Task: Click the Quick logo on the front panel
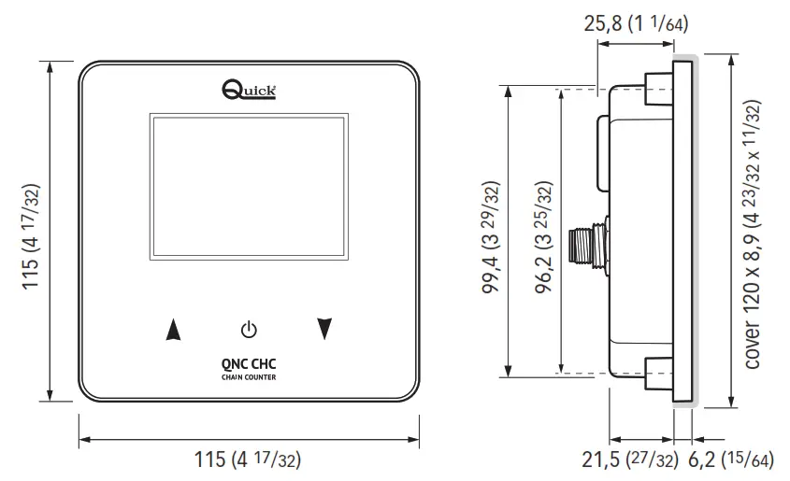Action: click(x=248, y=90)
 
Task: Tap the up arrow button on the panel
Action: click(x=171, y=329)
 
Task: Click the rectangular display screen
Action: click(x=247, y=189)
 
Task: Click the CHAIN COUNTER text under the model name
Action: click(x=248, y=377)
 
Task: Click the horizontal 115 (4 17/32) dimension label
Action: click(x=247, y=460)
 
